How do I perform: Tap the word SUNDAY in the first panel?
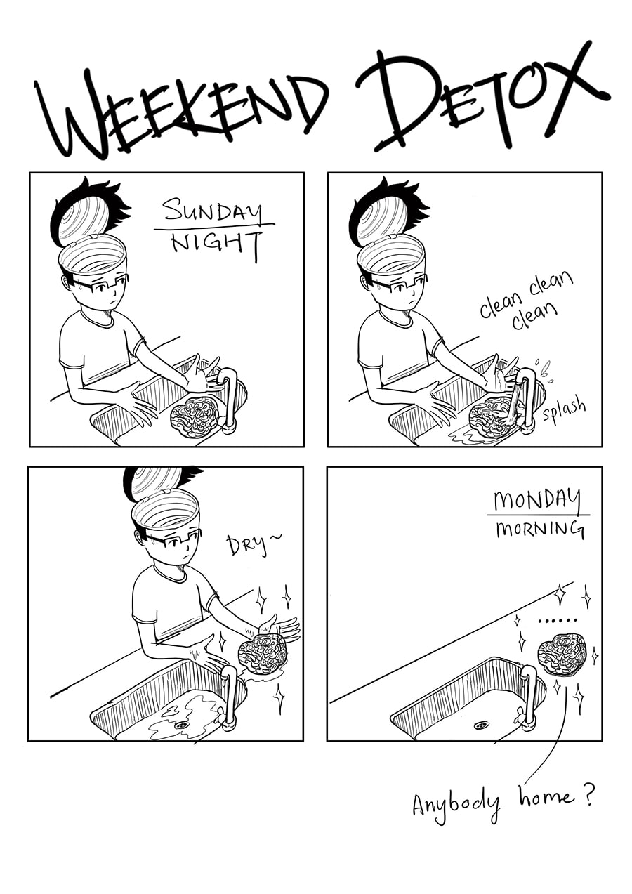tap(214, 211)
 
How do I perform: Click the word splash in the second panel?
tap(564, 410)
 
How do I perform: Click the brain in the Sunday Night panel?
tap(195, 418)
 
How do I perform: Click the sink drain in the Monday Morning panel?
tap(480, 724)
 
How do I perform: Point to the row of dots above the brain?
tap(558, 621)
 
